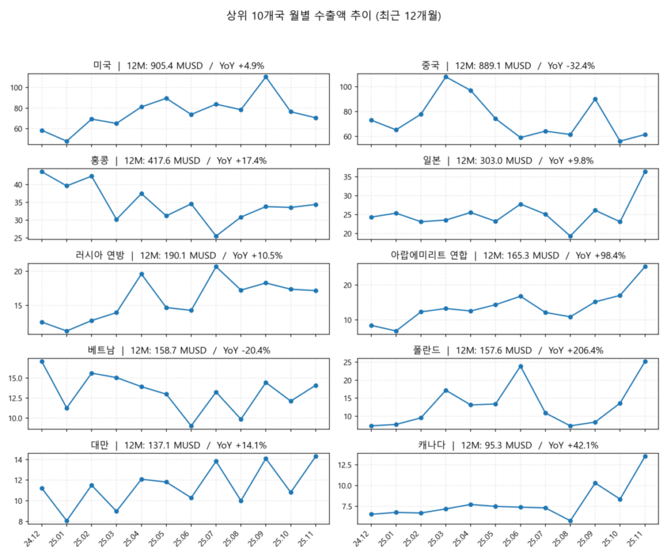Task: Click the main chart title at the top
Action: click(x=333, y=16)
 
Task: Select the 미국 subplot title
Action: click(x=178, y=66)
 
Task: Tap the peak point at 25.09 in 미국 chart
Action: click(x=266, y=77)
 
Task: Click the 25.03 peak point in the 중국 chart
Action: click(x=446, y=77)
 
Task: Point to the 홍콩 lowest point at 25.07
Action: click(x=216, y=237)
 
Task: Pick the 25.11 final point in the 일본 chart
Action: click(x=645, y=171)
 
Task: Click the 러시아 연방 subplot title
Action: click(x=178, y=256)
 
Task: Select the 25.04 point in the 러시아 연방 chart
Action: click(x=141, y=274)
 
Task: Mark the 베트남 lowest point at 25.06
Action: click(x=191, y=426)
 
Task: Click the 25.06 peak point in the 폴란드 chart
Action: click(x=520, y=366)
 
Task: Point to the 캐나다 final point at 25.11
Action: click(x=645, y=456)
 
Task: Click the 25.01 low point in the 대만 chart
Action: click(x=66, y=521)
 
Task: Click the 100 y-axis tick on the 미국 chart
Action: click(x=16, y=88)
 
